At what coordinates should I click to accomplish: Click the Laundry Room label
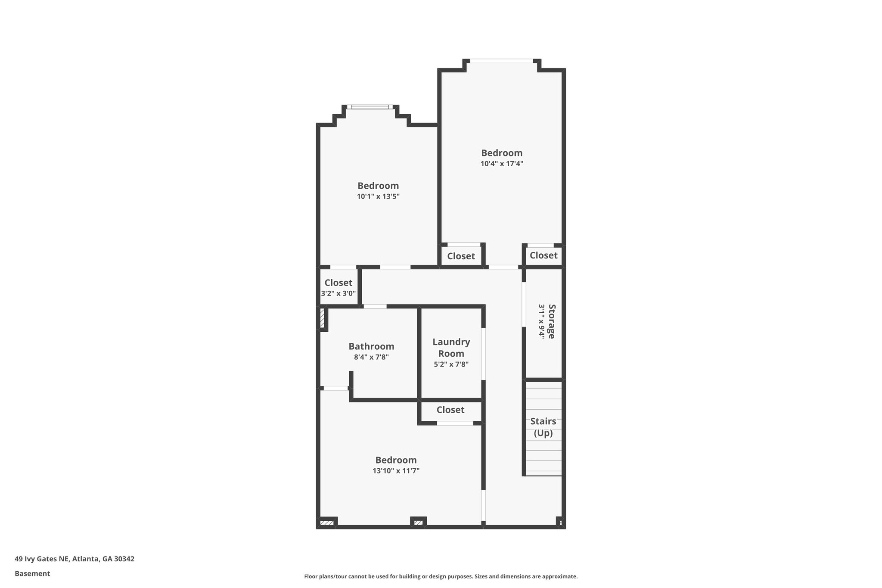tap(451, 348)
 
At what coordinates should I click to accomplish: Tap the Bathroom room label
tap(371, 346)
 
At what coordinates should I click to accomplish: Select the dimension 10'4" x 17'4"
tap(502, 164)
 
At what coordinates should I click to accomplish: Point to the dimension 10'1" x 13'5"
tap(378, 196)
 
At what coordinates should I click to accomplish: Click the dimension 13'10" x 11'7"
tap(396, 471)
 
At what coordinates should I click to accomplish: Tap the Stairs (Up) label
tap(543, 427)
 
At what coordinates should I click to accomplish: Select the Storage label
tap(552, 321)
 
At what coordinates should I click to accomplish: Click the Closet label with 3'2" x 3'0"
tap(338, 283)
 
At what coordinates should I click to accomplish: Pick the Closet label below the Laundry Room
tap(450, 410)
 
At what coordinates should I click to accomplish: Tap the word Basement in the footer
tap(32, 573)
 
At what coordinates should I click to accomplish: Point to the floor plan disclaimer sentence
tap(441, 576)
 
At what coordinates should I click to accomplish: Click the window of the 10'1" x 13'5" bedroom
tap(370, 107)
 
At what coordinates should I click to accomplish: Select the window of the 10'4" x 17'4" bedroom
tap(501, 61)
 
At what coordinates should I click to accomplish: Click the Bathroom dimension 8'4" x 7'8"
tap(371, 357)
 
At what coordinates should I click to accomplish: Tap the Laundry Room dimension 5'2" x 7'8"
tap(451, 364)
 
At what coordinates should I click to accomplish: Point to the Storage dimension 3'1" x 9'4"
tap(541, 321)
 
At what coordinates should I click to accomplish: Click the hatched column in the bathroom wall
tap(322, 318)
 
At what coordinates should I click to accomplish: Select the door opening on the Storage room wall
tap(524, 304)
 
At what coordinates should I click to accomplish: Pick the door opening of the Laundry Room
tap(483, 354)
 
